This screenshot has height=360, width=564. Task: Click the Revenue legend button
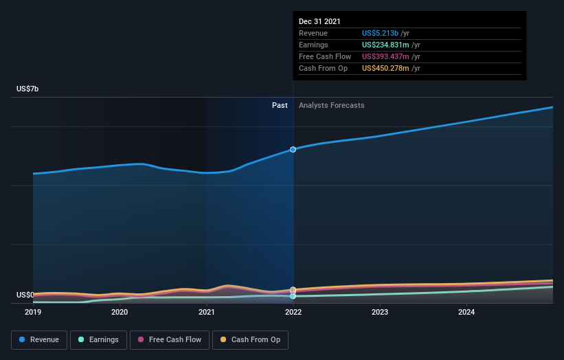(x=39, y=339)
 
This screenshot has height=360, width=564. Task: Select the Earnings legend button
(x=98, y=339)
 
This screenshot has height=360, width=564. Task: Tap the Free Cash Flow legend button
(x=169, y=339)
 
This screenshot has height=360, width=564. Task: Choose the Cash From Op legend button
(x=251, y=339)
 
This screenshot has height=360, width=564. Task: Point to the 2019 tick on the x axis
(x=33, y=312)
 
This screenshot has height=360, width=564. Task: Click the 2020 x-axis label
(x=120, y=312)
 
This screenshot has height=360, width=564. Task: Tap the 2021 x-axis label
(x=206, y=312)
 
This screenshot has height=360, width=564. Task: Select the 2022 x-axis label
(x=293, y=312)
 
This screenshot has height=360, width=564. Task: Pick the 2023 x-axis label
(x=380, y=312)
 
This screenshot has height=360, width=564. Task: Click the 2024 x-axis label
(x=466, y=312)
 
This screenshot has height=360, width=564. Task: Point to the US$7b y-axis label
(x=29, y=89)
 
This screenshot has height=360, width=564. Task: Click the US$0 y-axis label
(x=25, y=295)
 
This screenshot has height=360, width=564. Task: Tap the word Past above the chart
(x=280, y=105)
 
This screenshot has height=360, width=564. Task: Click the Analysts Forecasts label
(x=331, y=105)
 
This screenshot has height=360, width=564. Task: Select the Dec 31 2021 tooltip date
(x=319, y=22)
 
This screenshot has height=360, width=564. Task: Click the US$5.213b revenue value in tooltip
(x=385, y=33)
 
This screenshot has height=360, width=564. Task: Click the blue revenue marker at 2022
(x=293, y=149)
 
